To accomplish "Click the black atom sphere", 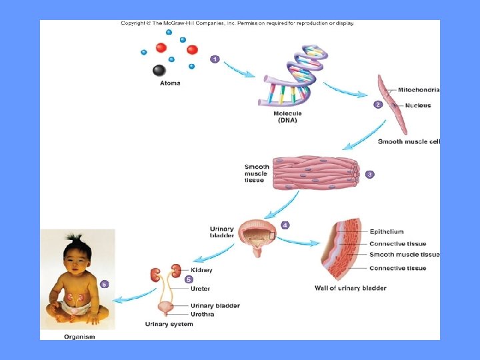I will (x=159, y=70).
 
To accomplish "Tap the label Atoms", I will (x=170, y=83).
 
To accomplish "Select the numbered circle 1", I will (x=215, y=59).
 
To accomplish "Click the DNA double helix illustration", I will (x=291, y=77).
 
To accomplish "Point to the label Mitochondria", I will (x=419, y=90).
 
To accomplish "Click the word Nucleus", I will (x=417, y=105).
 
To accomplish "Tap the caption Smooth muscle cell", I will (x=409, y=141).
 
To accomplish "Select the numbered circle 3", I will (x=369, y=174).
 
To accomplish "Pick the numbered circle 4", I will (x=285, y=225).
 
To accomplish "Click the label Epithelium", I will (x=387, y=232).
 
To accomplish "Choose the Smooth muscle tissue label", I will (x=405, y=255).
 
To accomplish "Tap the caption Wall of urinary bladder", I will (x=351, y=288).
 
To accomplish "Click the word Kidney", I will (x=201, y=270).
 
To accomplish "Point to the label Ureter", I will (x=200, y=289).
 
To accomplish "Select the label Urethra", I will (x=203, y=314).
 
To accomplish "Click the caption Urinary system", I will (x=169, y=324).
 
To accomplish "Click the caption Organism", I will (x=79, y=337).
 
